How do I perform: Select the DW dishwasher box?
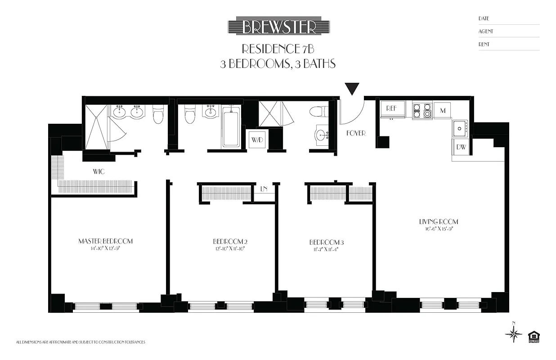[461, 147]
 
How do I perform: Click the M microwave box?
[442, 110]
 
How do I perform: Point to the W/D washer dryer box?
[257, 139]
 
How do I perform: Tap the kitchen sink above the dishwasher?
[459, 128]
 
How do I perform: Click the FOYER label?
[355, 134]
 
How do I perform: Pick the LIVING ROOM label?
[438, 221]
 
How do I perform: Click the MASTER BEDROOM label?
[106, 241]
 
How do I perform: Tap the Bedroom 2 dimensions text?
[230, 248]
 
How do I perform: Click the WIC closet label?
[99, 172]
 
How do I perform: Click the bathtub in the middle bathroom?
[231, 127]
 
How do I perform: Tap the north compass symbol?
[513, 333]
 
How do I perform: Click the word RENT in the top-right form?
[484, 45]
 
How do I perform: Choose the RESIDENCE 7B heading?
[277, 49]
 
